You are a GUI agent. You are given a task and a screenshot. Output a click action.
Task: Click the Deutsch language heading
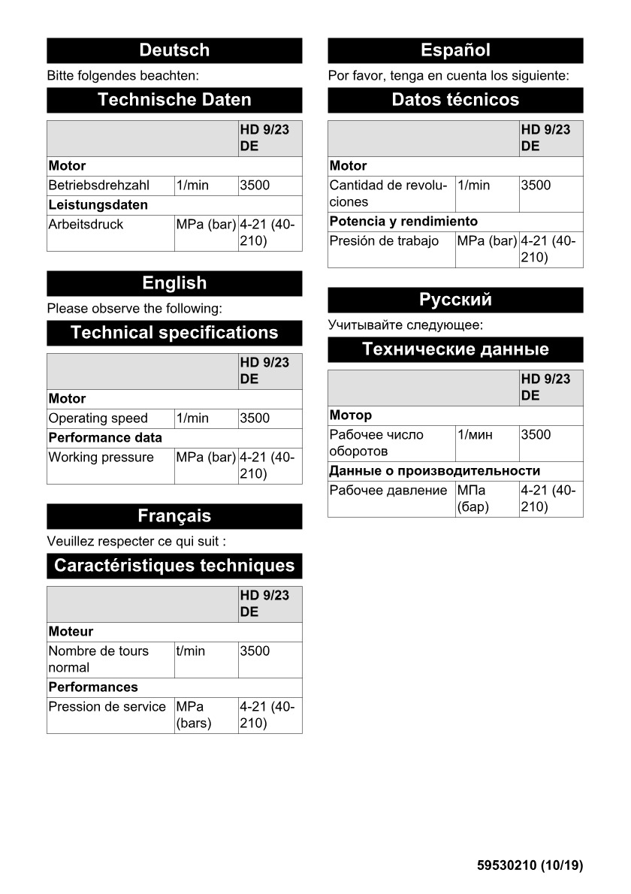coord(174,50)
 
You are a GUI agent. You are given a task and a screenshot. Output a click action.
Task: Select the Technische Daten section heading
coord(174,100)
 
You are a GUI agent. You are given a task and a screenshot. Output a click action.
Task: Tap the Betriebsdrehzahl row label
coord(99,186)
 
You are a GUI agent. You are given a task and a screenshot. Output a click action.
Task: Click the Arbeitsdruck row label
coord(86,225)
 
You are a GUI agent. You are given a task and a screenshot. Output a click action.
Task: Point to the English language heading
coord(174,283)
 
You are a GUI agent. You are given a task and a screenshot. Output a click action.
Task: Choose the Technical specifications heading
coord(174,333)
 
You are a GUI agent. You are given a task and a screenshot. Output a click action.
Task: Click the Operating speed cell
coord(98,418)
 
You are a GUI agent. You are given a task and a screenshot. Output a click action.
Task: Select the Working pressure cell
coord(101,458)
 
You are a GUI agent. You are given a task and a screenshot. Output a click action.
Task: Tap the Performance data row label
coord(105,437)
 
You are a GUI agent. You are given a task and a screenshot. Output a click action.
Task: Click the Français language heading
coord(174,516)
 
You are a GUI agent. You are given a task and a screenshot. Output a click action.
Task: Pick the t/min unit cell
coord(190,651)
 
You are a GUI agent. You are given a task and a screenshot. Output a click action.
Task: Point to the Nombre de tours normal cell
coord(98,659)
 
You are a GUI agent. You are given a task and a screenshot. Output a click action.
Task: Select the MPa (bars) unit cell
coord(193,714)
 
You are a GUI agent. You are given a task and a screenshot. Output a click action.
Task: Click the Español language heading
coord(455,50)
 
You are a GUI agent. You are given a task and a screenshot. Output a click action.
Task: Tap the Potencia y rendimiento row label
coord(403,222)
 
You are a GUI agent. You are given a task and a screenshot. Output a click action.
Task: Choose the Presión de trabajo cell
coord(384,241)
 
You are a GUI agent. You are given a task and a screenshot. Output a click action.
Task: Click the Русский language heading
coord(455,300)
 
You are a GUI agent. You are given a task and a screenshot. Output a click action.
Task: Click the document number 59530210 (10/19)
coord(530,865)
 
